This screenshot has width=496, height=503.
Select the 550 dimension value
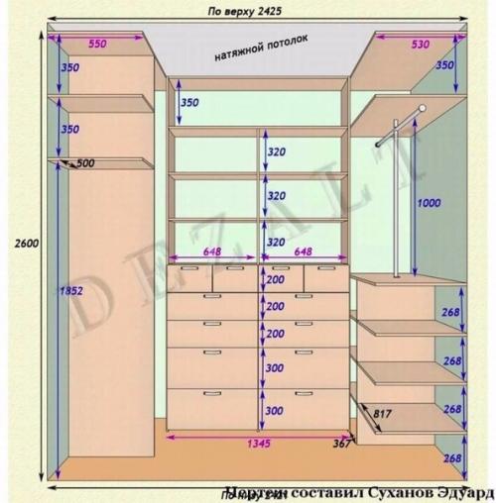click(x=97, y=44)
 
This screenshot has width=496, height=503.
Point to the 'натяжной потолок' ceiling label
click(x=261, y=48)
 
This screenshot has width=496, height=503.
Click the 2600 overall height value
click(x=27, y=244)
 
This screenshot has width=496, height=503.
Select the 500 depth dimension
click(x=85, y=163)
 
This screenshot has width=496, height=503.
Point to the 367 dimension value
click(x=343, y=444)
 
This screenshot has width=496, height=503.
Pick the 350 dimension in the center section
click(x=188, y=103)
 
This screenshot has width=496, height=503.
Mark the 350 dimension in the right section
click(x=444, y=64)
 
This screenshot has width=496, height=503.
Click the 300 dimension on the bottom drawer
click(x=274, y=410)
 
